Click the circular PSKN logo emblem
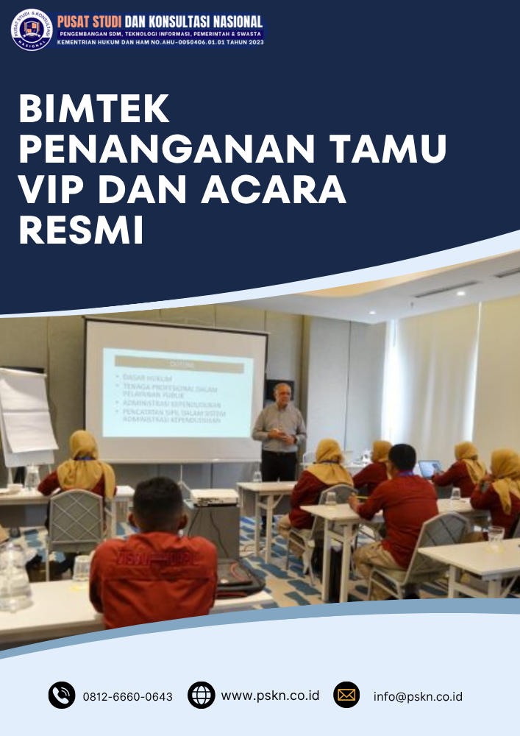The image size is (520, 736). click(32, 29)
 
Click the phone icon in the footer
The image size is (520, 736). click(62, 695)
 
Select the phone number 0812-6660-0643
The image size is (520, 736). click(127, 696)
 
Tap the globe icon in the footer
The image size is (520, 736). click(201, 695)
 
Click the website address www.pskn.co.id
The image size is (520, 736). click(270, 695)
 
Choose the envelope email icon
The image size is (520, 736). click(346, 695)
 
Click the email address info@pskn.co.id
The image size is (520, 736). click(418, 696)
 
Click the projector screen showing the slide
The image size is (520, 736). click(177, 390)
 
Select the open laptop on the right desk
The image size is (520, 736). click(429, 469)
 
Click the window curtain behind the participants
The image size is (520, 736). click(434, 375)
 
